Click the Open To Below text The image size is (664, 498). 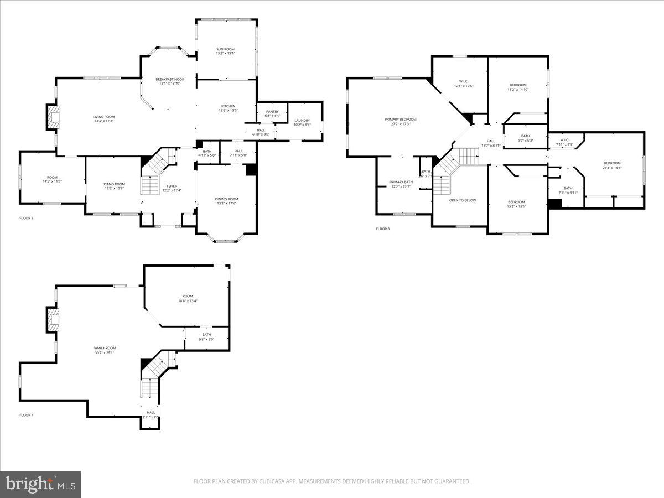(x=463, y=200)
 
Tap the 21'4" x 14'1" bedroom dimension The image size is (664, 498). (x=612, y=168)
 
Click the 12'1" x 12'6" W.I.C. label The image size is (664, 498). (x=464, y=86)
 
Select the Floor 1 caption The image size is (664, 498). (x=27, y=415)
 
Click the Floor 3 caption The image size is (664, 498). (x=383, y=229)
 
